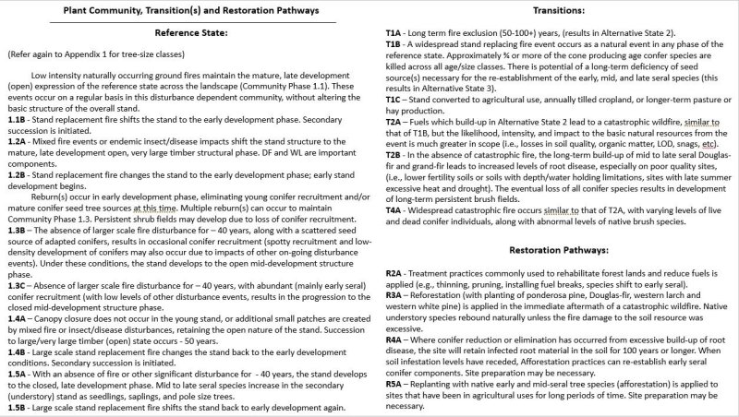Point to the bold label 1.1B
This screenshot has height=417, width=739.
click(x=16, y=120)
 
